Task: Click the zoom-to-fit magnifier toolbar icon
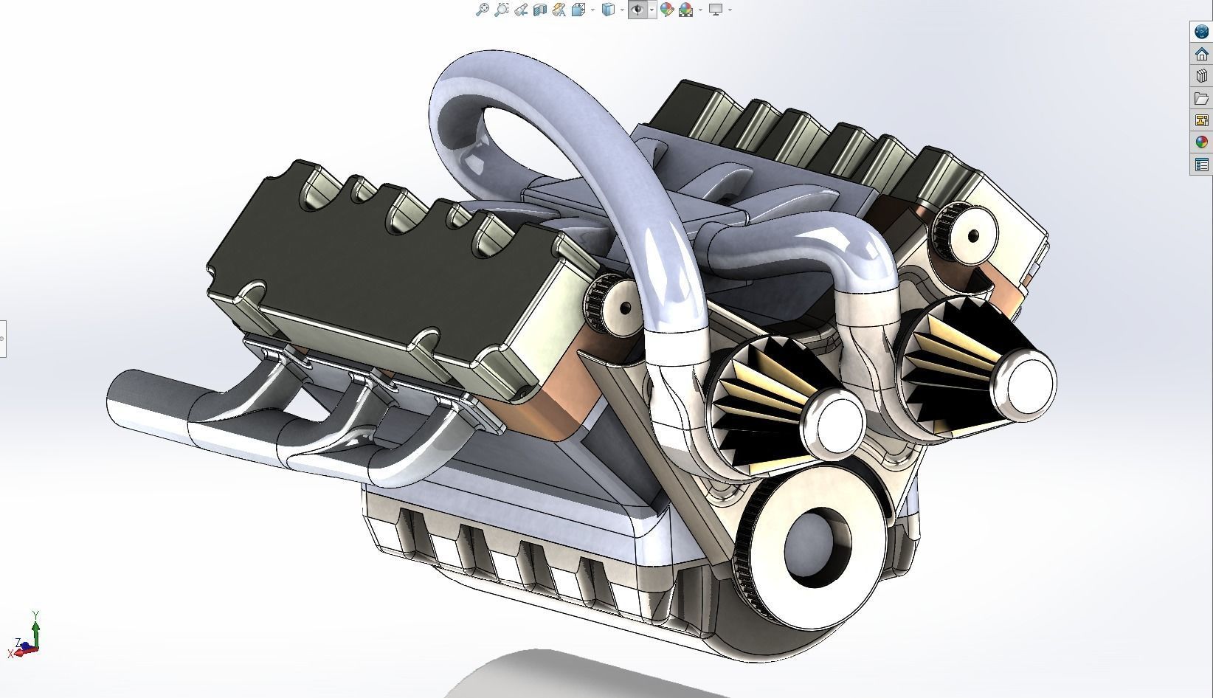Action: point(482,10)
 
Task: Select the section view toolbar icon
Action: point(539,10)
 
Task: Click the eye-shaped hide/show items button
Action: point(637,10)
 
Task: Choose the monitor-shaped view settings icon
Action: point(715,10)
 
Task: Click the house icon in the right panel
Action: point(1201,54)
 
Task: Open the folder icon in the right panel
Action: point(1201,98)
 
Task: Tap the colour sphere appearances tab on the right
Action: point(1201,142)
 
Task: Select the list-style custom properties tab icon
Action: point(1201,165)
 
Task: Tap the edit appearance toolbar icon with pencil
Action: point(667,10)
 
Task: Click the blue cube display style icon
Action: point(608,10)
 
